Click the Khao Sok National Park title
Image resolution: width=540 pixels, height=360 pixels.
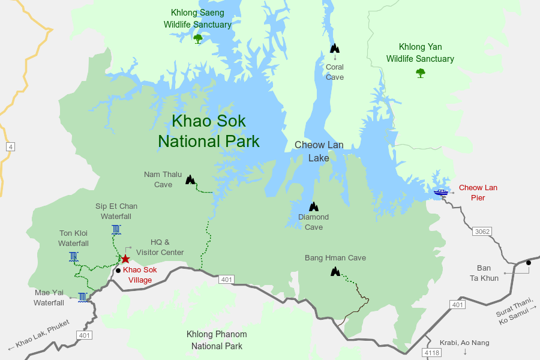[209, 131]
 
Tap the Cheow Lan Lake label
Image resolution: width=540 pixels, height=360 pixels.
[319, 152]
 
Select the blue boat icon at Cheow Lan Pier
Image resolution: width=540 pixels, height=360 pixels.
[441, 193]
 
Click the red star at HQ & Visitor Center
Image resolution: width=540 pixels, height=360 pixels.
[125, 259]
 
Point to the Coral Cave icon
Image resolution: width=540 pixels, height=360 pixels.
[335, 48]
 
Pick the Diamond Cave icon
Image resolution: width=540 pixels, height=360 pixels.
[313, 206]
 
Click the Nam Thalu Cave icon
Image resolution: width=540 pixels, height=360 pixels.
[190, 179]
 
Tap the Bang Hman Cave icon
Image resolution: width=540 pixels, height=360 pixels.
[335, 271]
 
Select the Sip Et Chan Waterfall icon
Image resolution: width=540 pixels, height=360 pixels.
[116, 229]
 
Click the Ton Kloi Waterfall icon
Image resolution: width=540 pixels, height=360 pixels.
[73, 257]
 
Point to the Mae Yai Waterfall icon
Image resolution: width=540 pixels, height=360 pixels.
[82, 296]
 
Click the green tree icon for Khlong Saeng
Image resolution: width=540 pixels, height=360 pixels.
[198, 39]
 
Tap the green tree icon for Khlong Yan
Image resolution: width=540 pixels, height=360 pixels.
[420, 73]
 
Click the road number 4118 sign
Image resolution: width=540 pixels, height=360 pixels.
[431, 352]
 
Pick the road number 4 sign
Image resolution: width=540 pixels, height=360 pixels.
[10, 147]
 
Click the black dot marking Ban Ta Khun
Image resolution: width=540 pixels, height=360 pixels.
[529, 263]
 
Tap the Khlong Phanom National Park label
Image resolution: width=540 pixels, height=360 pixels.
[217, 340]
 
